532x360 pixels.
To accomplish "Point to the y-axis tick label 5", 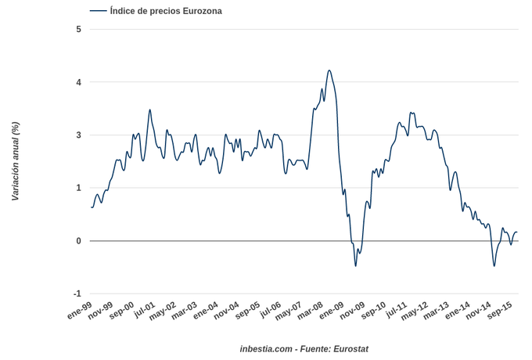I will point(78,30).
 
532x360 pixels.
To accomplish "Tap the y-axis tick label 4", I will point(78,82).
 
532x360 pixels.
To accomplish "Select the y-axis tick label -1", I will point(77,293).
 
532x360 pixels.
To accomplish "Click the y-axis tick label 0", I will point(78,241).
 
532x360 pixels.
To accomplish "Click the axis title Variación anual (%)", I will point(16,161).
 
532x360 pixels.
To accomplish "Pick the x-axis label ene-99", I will point(78,310).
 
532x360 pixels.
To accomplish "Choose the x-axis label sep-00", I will point(120,310).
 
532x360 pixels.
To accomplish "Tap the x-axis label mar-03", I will point(183,310).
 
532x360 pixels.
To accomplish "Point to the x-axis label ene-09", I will point(330,310).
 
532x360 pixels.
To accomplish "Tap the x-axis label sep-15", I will point(499,310).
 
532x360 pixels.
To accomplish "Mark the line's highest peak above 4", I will point(329,70).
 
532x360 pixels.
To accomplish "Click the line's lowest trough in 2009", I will point(355,266).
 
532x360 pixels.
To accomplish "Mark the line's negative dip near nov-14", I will point(494,266).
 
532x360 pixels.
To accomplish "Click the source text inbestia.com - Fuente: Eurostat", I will point(304,349).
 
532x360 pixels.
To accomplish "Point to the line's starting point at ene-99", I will point(92,207).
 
